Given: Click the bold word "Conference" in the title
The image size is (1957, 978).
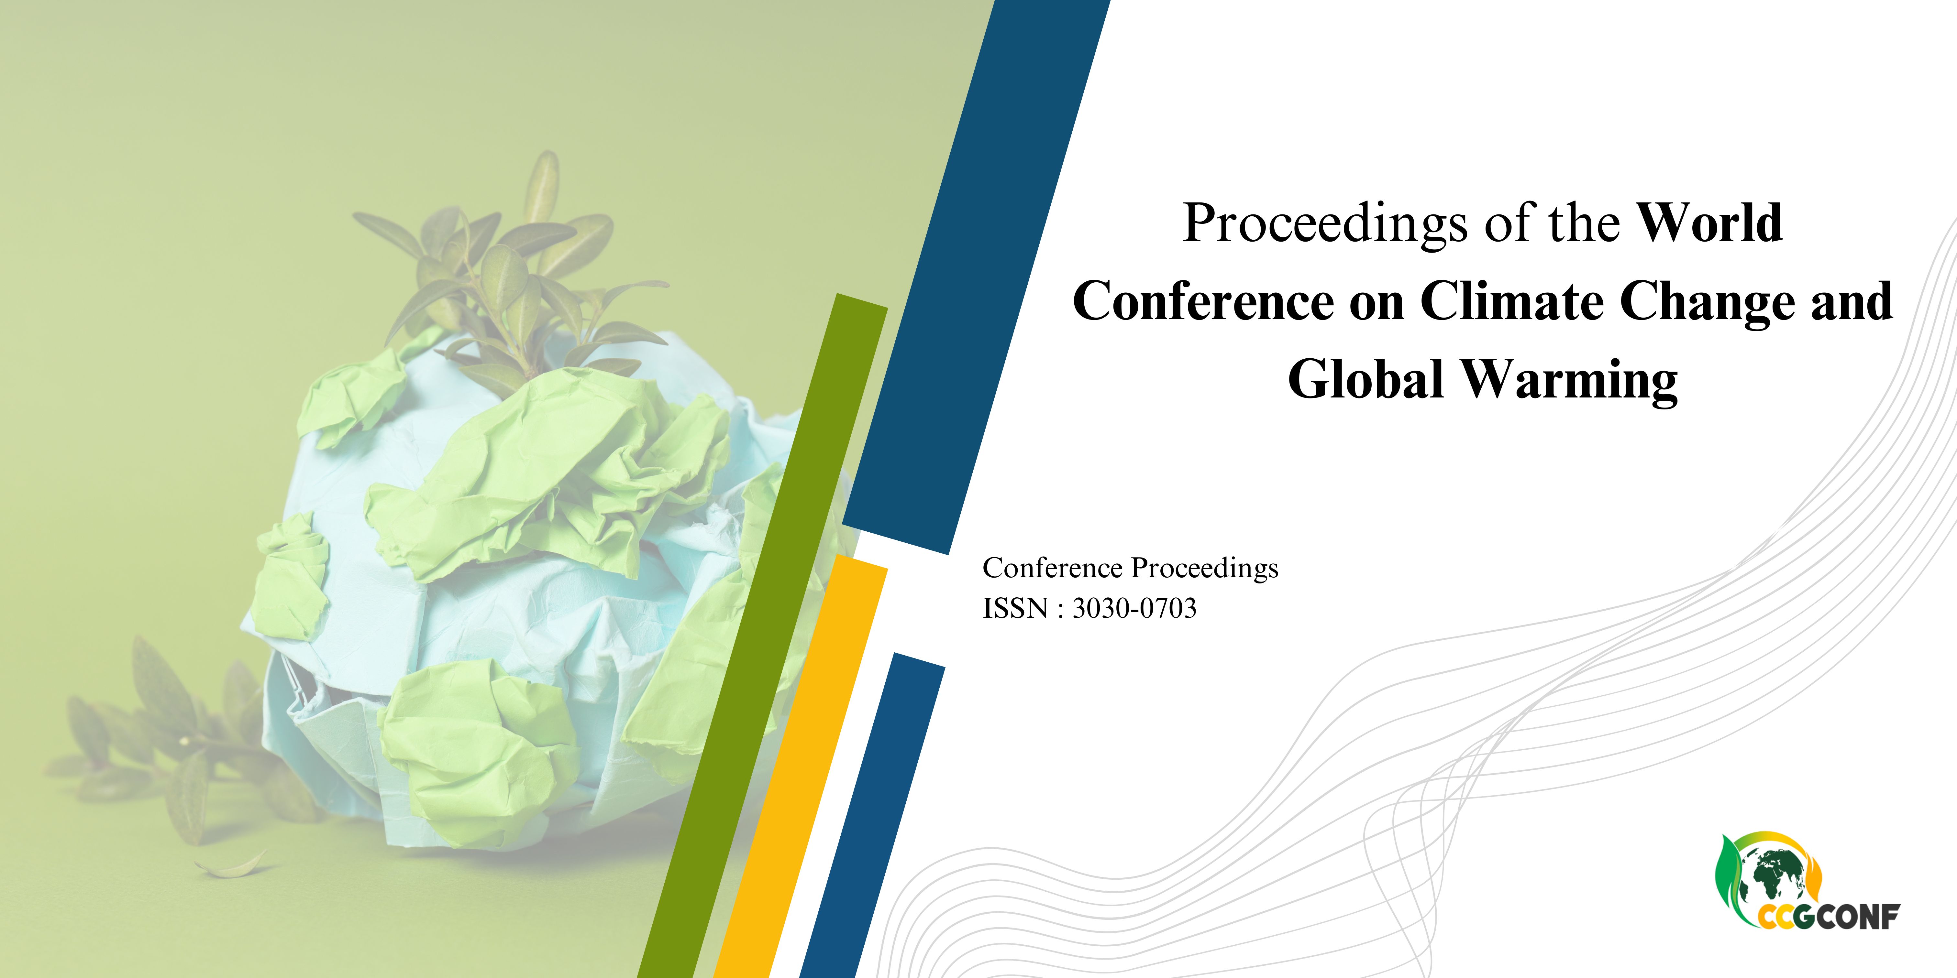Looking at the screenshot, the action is tap(1203, 301).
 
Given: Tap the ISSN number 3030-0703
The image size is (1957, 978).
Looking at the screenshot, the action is tap(1134, 608).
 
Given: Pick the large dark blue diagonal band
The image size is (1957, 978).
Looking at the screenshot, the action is tap(976, 277).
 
